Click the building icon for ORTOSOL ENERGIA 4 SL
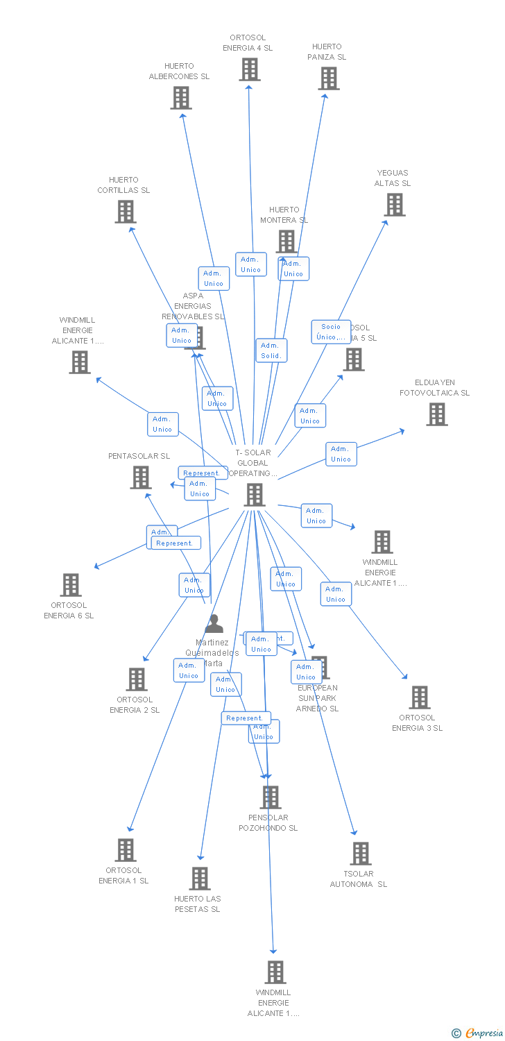[x=250, y=69]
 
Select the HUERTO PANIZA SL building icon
[x=329, y=78]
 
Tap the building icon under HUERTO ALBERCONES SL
[x=181, y=98]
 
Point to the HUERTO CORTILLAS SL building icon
[x=126, y=212]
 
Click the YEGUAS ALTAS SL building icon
[x=395, y=205]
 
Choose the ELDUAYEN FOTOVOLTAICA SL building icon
[x=436, y=414]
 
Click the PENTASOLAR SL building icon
[x=141, y=477]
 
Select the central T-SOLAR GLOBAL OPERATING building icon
[x=255, y=495]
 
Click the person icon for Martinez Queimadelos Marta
[x=214, y=624]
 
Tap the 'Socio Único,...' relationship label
[x=331, y=332]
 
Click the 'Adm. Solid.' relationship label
[x=271, y=350]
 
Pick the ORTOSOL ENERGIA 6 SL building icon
[x=70, y=585]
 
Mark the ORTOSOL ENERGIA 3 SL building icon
[x=420, y=697]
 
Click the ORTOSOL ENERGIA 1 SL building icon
[x=126, y=850]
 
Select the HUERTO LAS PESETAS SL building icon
[x=200, y=879]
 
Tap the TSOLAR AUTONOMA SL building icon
[x=360, y=854]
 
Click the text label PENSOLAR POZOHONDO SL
[x=268, y=822]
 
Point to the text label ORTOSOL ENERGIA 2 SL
[x=135, y=704]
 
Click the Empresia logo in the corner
[x=478, y=1033]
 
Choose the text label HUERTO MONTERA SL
[x=284, y=214]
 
